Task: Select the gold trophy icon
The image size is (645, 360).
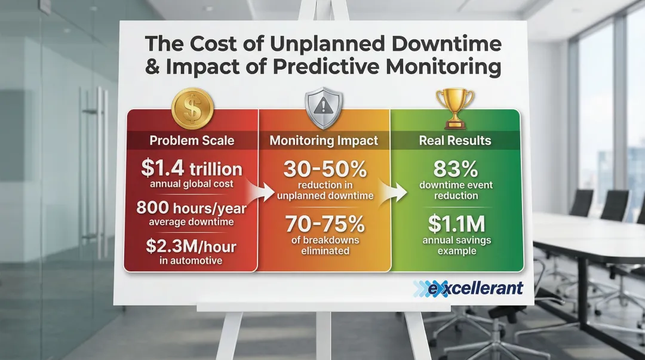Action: [x=454, y=108]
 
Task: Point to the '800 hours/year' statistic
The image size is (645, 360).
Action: [x=191, y=208]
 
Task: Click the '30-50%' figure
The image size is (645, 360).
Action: [x=325, y=170]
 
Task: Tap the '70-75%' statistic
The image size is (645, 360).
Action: [x=325, y=225]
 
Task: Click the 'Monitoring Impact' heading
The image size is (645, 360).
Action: [x=324, y=141]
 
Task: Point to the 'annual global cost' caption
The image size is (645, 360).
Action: [x=192, y=184]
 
